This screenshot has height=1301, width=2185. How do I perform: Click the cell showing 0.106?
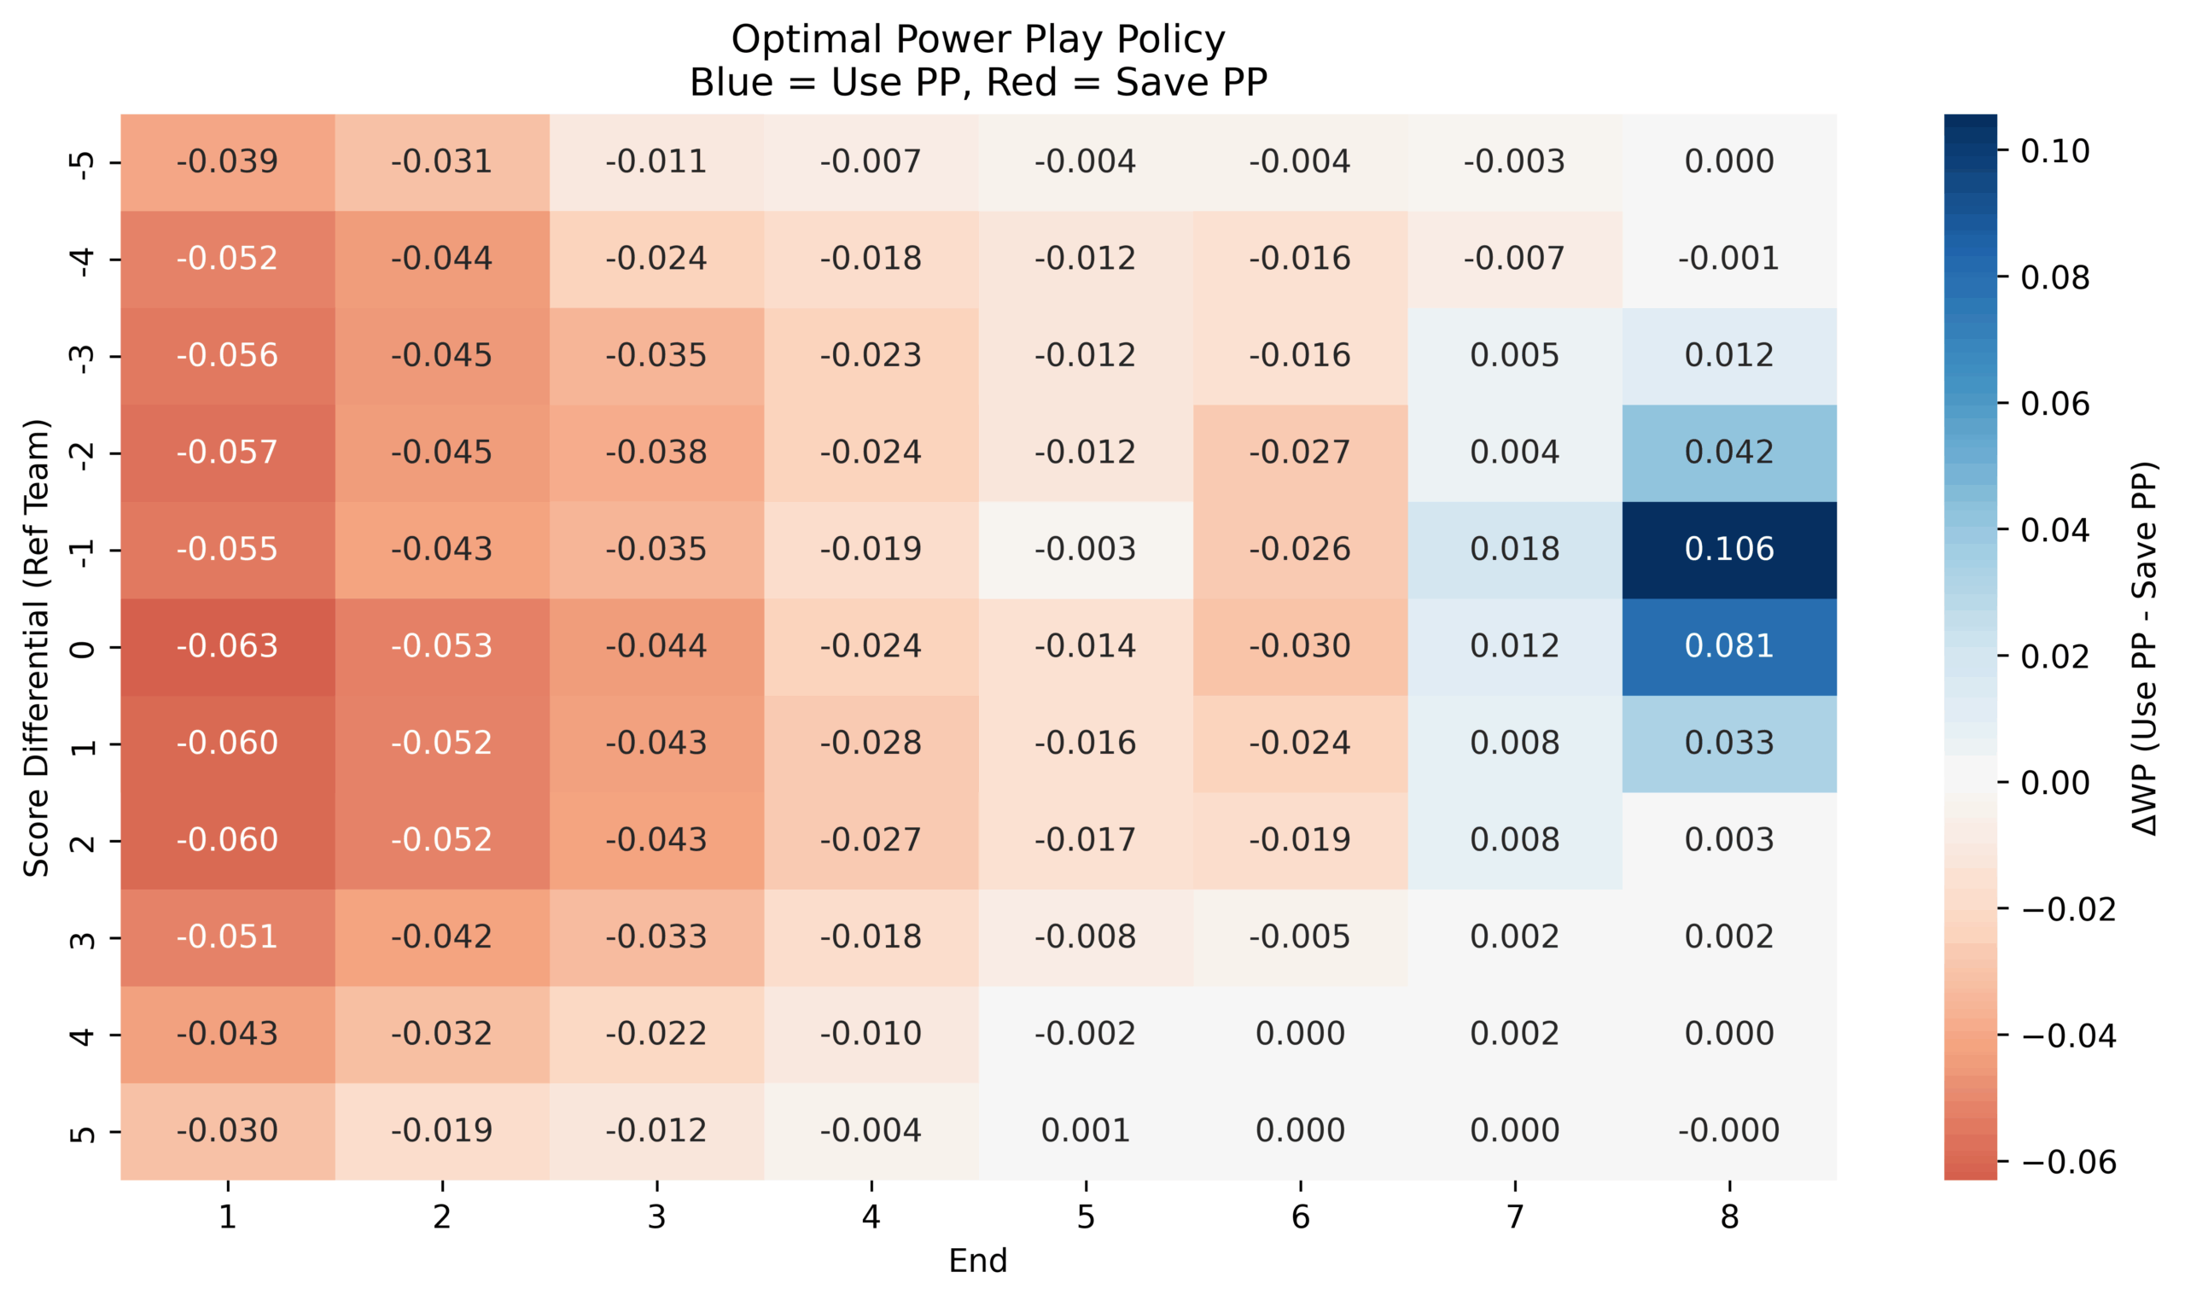(x=1728, y=550)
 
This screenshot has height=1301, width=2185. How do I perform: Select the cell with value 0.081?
(x=1728, y=646)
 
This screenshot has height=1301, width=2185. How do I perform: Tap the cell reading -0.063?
(x=227, y=646)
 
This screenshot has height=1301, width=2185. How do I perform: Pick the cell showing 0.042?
(x=1728, y=452)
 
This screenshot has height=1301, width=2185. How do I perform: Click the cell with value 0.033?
(x=1728, y=744)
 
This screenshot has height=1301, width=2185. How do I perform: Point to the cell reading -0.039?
(x=227, y=161)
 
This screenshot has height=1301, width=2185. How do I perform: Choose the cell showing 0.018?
(x=1513, y=550)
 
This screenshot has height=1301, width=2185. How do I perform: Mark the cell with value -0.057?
(x=227, y=452)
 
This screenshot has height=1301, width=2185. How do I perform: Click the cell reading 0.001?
(x=1085, y=1131)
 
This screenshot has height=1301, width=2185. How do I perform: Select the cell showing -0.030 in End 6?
(x=1300, y=646)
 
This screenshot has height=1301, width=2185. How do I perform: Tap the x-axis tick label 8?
(x=1728, y=1216)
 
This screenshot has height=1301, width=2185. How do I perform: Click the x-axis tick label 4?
(x=871, y=1216)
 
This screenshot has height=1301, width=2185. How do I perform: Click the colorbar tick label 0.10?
(x=2054, y=152)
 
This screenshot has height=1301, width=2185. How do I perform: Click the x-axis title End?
(x=977, y=1261)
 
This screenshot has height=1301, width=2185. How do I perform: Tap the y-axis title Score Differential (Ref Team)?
(x=37, y=648)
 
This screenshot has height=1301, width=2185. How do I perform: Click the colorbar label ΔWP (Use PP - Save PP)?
(x=2144, y=648)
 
